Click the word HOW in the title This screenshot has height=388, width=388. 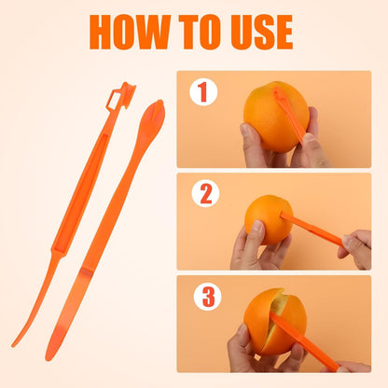[128, 32]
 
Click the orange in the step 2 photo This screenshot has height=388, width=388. [268, 219]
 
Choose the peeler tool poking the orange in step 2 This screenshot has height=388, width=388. [312, 229]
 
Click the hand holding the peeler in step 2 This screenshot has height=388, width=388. [356, 248]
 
